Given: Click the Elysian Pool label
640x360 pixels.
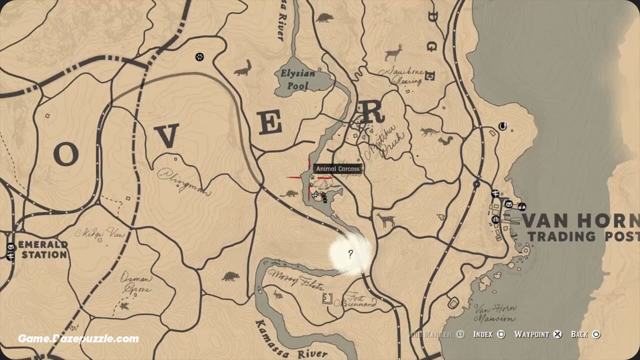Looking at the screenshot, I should click(297, 80).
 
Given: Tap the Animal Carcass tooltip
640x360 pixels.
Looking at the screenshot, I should click(337, 169).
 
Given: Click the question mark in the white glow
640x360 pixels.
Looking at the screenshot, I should click(350, 254).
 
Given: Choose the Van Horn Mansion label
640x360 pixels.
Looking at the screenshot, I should click(495, 313).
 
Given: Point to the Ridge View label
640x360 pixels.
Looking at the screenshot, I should click(100, 233).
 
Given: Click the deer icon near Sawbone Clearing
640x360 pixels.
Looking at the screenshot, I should click(394, 52).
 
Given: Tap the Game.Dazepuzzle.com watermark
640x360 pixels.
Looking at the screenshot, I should click(78, 339).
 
